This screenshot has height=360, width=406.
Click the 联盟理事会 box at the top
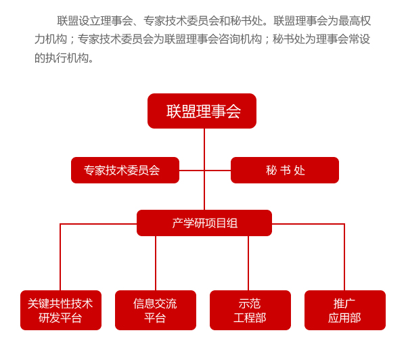[202, 111]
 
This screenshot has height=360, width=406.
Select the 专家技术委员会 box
[125, 171]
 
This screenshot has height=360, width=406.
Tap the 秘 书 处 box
[285, 171]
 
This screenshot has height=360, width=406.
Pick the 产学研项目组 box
[204, 223]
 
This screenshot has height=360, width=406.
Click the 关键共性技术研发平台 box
[61, 311]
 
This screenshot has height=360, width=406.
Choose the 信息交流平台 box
[156, 311]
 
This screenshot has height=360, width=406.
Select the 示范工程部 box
[250, 311]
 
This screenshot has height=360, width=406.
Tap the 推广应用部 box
[345, 311]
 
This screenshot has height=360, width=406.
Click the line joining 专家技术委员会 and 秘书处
[192, 171]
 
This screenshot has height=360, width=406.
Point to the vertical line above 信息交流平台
[156, 264]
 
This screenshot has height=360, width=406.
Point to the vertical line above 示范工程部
[248, 264]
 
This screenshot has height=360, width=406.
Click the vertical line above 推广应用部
[344, 261]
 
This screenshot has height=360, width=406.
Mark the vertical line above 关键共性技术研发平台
[60, 261]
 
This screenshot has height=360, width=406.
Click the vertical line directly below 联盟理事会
[204, 142]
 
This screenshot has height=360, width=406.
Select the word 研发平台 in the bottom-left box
[60, 318]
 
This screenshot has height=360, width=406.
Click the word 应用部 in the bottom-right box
[344, 318]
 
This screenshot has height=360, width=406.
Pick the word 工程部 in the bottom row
[250, 318]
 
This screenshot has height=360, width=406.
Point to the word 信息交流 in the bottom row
[155, 304]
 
